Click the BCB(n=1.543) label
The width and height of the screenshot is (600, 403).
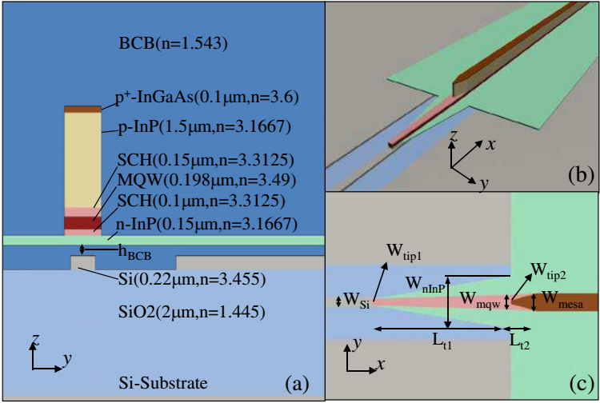[x=173, y=43]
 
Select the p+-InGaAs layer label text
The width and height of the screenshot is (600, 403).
[x=206, y=98]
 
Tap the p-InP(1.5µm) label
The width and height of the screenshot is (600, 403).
[x=205, y=126]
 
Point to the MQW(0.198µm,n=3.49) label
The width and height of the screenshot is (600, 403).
[x=206, y=180]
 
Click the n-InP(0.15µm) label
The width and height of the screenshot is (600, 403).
[x=206, y=224]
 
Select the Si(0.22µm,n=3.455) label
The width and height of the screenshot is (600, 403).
[x=192, y=280]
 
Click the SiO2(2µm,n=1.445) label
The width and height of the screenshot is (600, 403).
[x=192, y=312]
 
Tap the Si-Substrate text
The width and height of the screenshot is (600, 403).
[x=163, y=383]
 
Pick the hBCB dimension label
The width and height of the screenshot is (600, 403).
[x=134, y=253]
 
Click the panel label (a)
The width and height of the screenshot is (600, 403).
[x=297, y=384]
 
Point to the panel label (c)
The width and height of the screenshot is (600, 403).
[x=582, y=384]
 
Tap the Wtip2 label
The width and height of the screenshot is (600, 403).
[x=548, y=271]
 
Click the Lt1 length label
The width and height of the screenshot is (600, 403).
[x=442, y=341]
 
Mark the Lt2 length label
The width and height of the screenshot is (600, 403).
[x=520, y=341]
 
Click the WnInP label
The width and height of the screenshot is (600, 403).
[x=426, y=285]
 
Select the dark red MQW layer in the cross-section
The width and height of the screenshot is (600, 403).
[x=82, y=222]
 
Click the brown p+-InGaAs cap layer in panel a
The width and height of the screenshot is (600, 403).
[x=82, y=110]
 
